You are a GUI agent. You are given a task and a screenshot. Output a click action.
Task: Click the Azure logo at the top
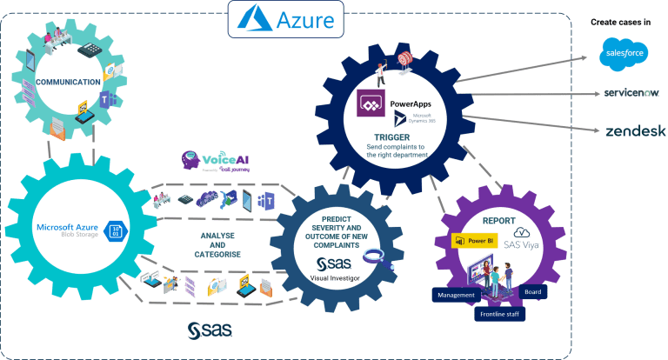pyautogui.click(x=285, y=18)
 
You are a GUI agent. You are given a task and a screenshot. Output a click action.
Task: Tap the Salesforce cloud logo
pyautogui.click(x=625, y=54)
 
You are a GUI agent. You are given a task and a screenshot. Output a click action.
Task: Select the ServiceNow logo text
pyautogui.click(x=628, y=93)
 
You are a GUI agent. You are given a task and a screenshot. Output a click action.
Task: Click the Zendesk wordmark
pyautogui.click(x=635, y=131)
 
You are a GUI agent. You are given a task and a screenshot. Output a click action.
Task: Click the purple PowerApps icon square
pyautogui.click(x=371, y=105)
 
